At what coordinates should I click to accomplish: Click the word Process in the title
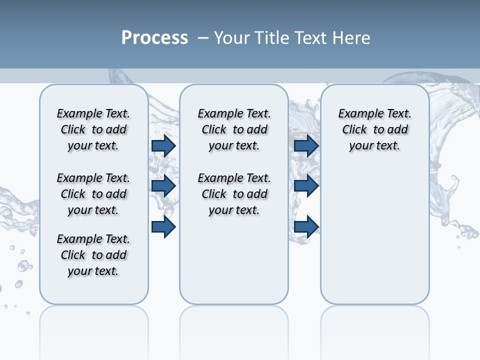154,37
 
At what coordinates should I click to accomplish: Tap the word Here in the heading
352,37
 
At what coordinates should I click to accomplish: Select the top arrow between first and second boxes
163,145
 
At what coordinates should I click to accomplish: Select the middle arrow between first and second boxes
163,186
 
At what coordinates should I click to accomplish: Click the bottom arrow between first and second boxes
163,227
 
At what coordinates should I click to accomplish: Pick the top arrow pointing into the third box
306,145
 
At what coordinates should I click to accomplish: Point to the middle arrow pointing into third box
306,186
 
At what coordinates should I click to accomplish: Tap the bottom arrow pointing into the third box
306,227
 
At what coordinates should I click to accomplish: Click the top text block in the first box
93,129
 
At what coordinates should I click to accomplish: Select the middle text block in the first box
93,194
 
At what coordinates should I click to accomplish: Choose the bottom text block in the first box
93,255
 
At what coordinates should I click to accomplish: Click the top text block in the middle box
234,129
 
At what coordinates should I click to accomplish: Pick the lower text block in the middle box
234,194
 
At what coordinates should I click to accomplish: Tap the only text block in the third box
374,129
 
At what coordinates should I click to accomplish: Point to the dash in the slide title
203,37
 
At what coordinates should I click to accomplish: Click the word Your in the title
232,37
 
